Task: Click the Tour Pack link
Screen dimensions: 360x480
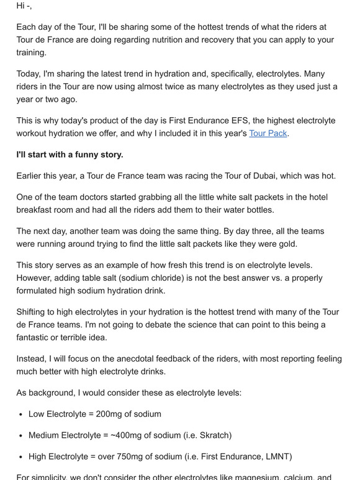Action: tap(268, 133)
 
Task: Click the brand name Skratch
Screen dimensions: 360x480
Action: tap(252, 435)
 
